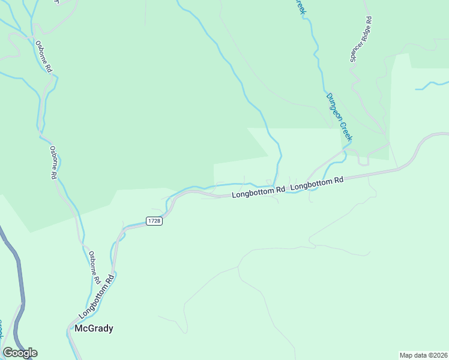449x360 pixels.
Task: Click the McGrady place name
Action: click(x=94, y=328)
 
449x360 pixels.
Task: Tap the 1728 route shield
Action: click(x=154, y=221)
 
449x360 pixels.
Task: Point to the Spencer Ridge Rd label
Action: click(x=362, y=39)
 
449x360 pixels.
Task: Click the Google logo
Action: click(x=20, y=353)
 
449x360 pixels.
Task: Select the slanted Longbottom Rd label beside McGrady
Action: click(x=95, y=298)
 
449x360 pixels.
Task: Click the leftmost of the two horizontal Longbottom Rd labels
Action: click(x=259, y=193)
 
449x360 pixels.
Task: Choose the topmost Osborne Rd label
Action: click(x=44, y=57)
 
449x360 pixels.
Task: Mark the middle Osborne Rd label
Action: click(x=53, y=163)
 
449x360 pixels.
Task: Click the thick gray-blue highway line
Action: click(x=17, y=270)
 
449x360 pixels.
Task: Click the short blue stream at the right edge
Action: click(x=431, y=85)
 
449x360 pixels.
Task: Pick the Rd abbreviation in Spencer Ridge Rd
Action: click(x=369, y=20)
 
